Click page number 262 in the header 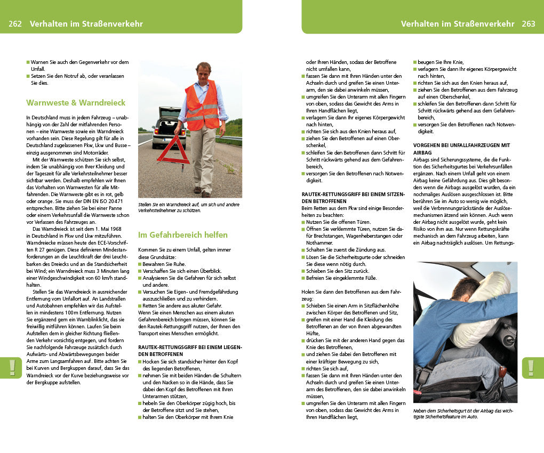click(x=15, y=24)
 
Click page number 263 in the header click(x=529, y=24)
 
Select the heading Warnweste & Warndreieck click(x=76, y=102)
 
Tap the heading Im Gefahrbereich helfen click(x=183, y=234)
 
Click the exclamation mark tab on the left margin click(x=11, y=368)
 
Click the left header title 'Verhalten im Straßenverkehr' click(x=86, y=24)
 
